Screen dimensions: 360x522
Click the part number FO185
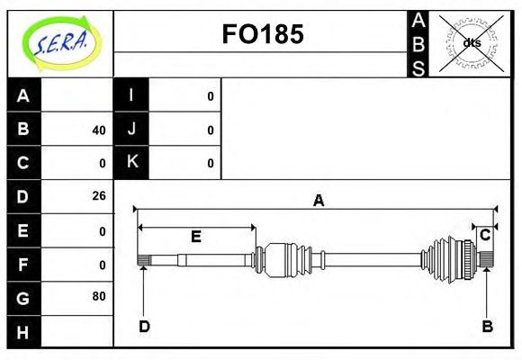click(262, 34)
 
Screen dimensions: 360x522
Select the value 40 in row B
click(98, 130)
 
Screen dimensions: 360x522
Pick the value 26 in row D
click(98, 196)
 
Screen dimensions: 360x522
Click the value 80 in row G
click(98, 296)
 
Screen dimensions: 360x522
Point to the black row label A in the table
click(23, 96)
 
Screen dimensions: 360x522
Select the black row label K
click(131, 163)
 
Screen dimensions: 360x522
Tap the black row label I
click(131, 96)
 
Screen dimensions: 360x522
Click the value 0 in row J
click(211, 130)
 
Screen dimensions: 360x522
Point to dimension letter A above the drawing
click(318, 201)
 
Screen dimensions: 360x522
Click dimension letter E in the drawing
click(195, 237)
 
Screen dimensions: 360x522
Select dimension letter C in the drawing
click(485, 236)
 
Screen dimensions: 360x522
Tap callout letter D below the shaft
click(144, 327)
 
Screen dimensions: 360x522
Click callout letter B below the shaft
click(487, 327)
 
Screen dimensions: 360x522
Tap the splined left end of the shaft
click(142, 261)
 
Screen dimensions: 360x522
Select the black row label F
click(23, 264)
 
